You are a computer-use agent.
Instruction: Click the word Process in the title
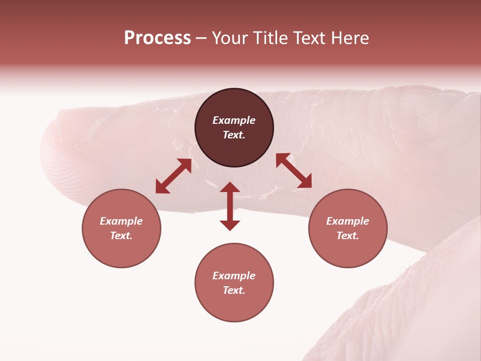point(157,38)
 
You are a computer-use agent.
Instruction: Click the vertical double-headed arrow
point(230,206)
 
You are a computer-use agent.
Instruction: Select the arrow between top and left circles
point(173,176)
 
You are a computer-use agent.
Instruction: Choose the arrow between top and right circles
point(294,170)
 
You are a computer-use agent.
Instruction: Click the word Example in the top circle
point(234,120)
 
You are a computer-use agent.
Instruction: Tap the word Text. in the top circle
point(234,135)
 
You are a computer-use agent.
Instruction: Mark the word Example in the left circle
point(121,221)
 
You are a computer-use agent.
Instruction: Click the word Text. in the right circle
point(348,236)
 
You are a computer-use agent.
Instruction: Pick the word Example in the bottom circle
point(234,276)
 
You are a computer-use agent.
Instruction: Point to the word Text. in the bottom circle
point(234,290)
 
